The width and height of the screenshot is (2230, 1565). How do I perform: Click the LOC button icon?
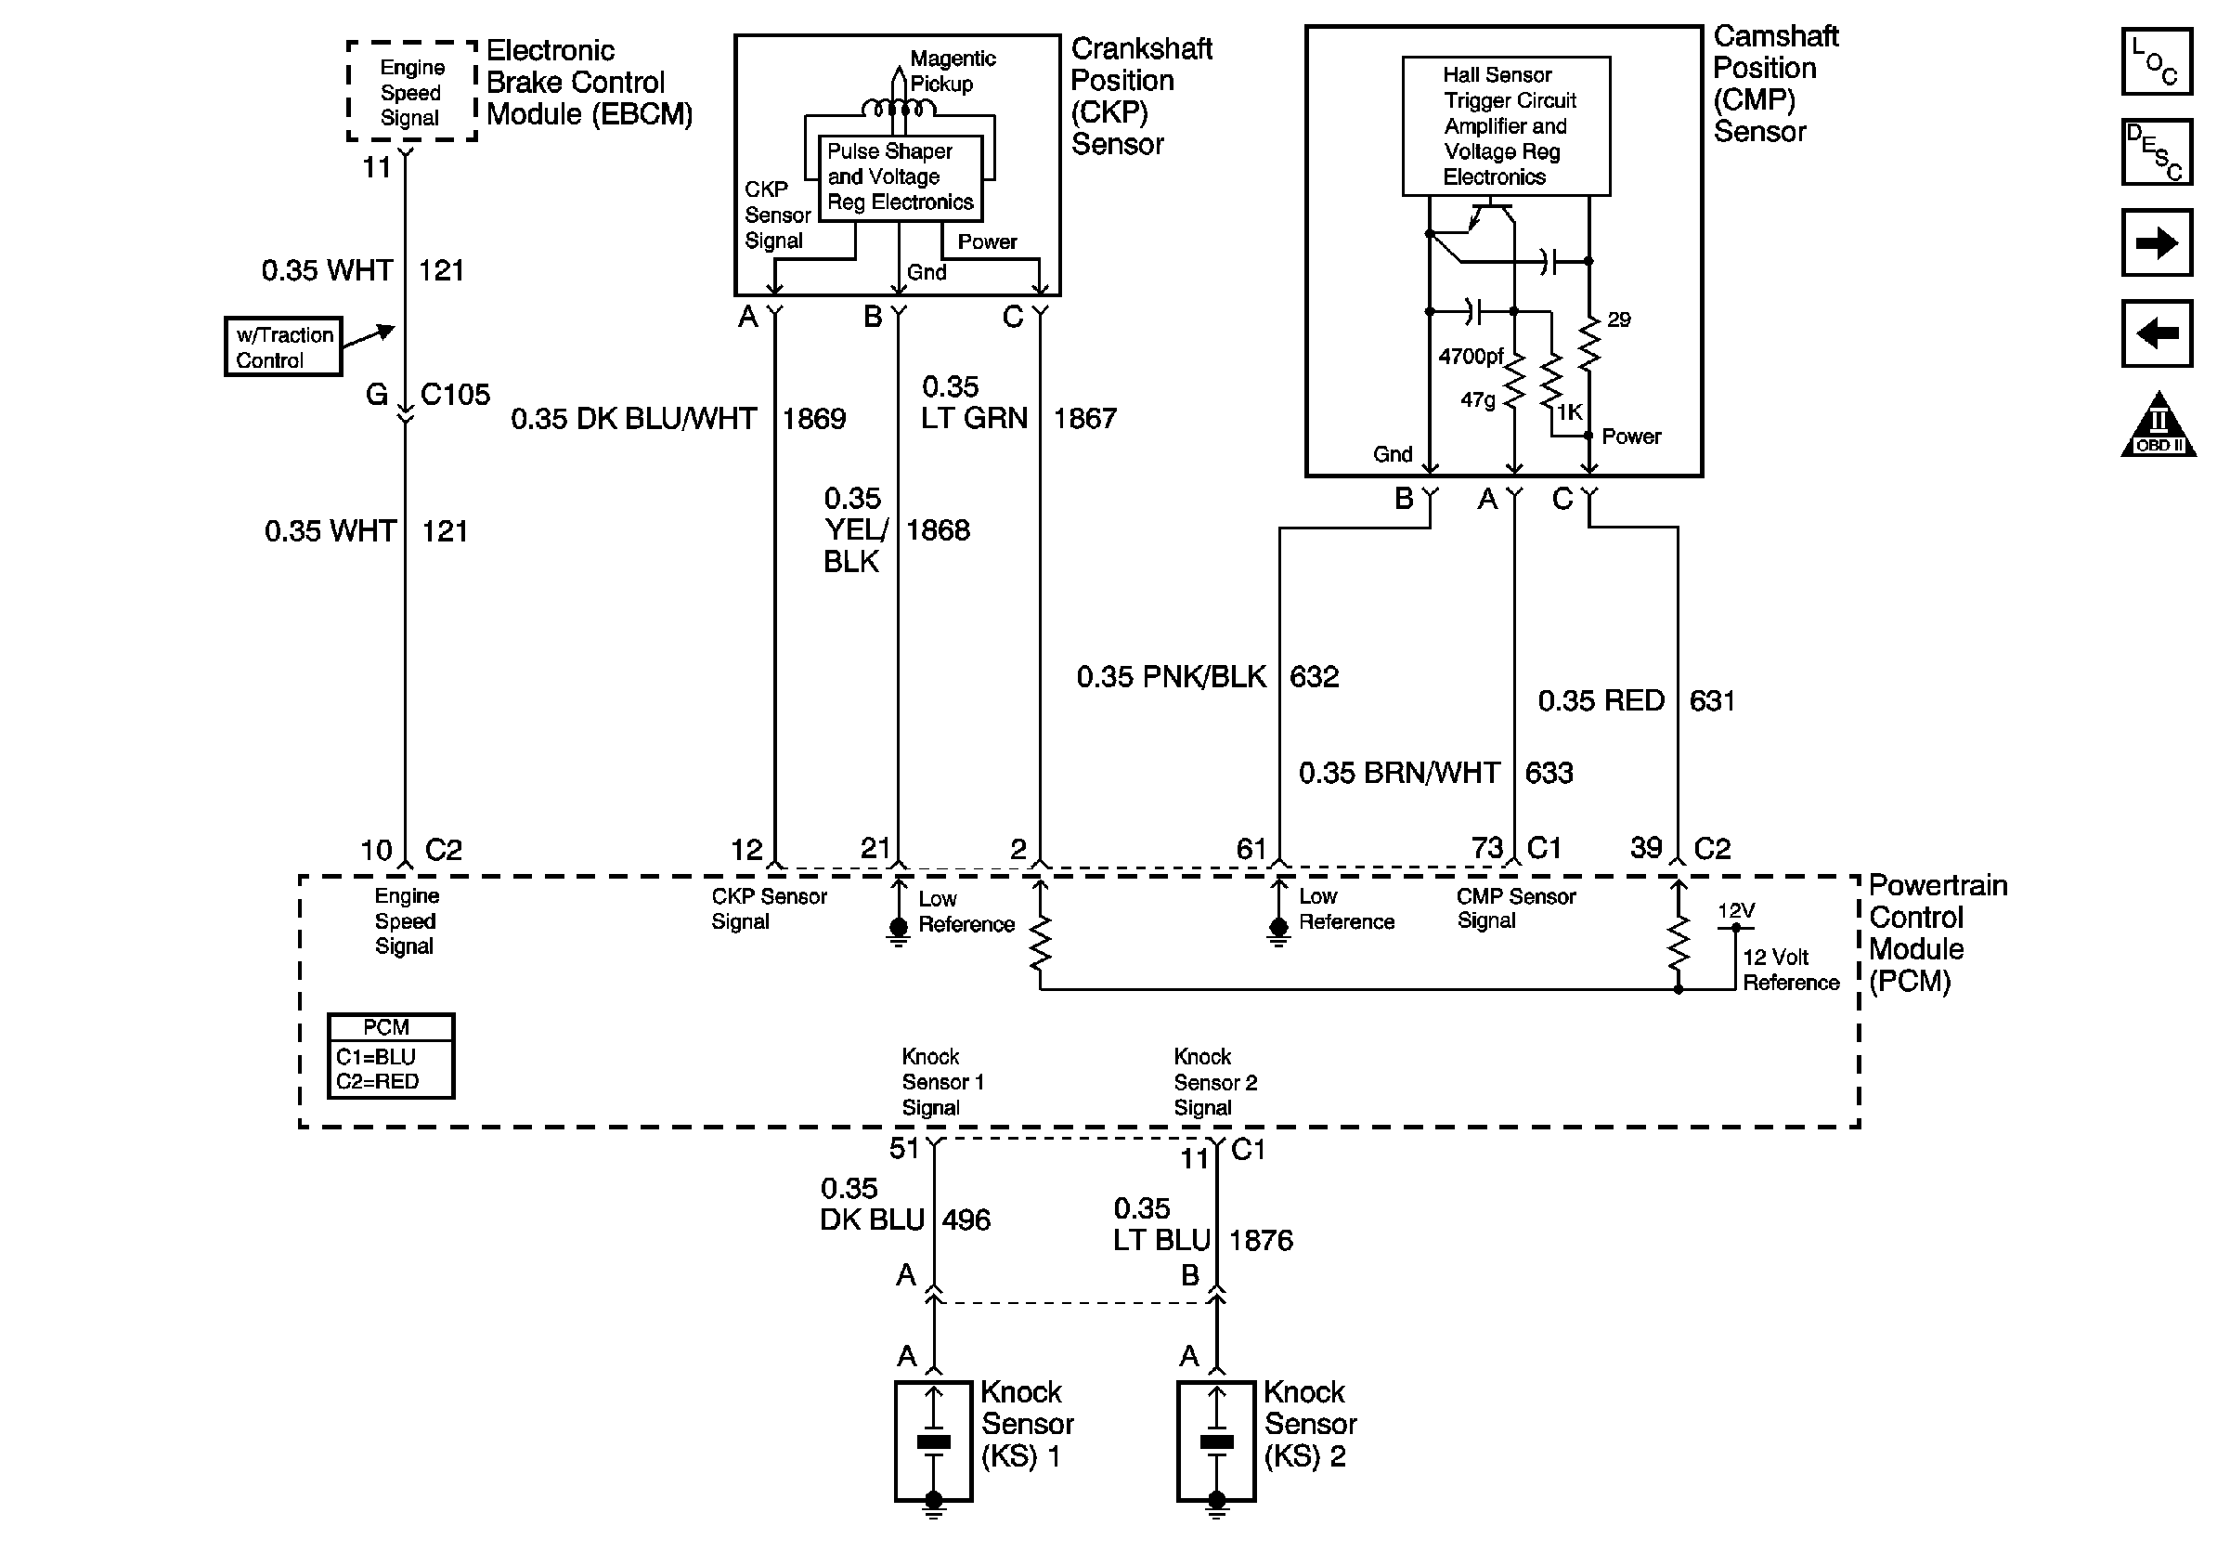click(2156, 61)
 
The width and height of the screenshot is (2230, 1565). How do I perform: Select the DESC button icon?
click(2156, 151)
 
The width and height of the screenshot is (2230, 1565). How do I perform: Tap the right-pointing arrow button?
click(2156, 241)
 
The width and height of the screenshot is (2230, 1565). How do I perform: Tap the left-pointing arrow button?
click(2156, 333)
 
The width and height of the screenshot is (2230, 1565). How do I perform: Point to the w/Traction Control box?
click(283, 346)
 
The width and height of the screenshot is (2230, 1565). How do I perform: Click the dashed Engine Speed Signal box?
click(412, 92)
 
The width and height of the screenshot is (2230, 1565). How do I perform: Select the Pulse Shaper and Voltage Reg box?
click(900, 177)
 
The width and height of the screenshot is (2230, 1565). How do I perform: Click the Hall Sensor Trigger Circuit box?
click(1506, 126)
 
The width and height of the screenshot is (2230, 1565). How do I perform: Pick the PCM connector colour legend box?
click(391, 1056)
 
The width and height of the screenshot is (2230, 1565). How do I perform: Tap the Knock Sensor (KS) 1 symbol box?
click(933, 1441)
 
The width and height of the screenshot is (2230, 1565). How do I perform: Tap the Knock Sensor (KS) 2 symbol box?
click(1216, 1441)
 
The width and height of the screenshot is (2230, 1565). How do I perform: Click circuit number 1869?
click(814, 419)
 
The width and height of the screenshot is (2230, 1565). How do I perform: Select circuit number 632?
click(1314, 676)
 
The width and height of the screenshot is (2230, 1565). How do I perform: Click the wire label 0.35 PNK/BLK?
click(1172, 676)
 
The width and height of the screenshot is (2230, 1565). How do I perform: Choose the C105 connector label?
click(455, 395)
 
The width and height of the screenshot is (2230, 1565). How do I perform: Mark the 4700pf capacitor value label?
click(1471, 357)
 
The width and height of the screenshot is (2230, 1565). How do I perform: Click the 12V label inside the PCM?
click(1736, 910)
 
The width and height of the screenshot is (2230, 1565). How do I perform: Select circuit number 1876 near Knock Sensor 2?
click(1261, 1241)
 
